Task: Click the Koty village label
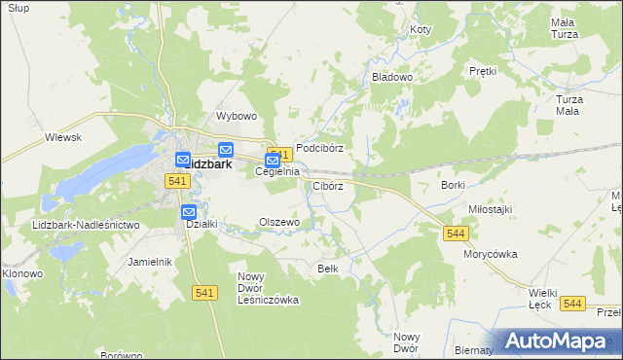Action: (x=421, y=30)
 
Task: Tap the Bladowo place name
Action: (x=392, y=76)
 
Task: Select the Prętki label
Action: (x=483, y=71)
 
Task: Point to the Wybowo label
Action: (x=236, y=116)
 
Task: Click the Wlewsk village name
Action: (x=62, y=138)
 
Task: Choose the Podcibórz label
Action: (x=320, y=148)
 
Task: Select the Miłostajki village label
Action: (x=491, y=209)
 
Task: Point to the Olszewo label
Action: (x=278, y=222)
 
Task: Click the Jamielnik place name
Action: (x=150, y=262)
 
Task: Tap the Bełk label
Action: (x=328, y=268)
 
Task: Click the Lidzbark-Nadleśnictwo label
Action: (x=86, y=225)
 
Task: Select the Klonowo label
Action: (x=22, y=273)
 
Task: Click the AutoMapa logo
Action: (x=559, y=341)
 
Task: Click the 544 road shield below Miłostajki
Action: (x=456, y=234)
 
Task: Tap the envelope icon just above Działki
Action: (x=189, y=212)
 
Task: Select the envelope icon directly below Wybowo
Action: (x=226, y=150)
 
